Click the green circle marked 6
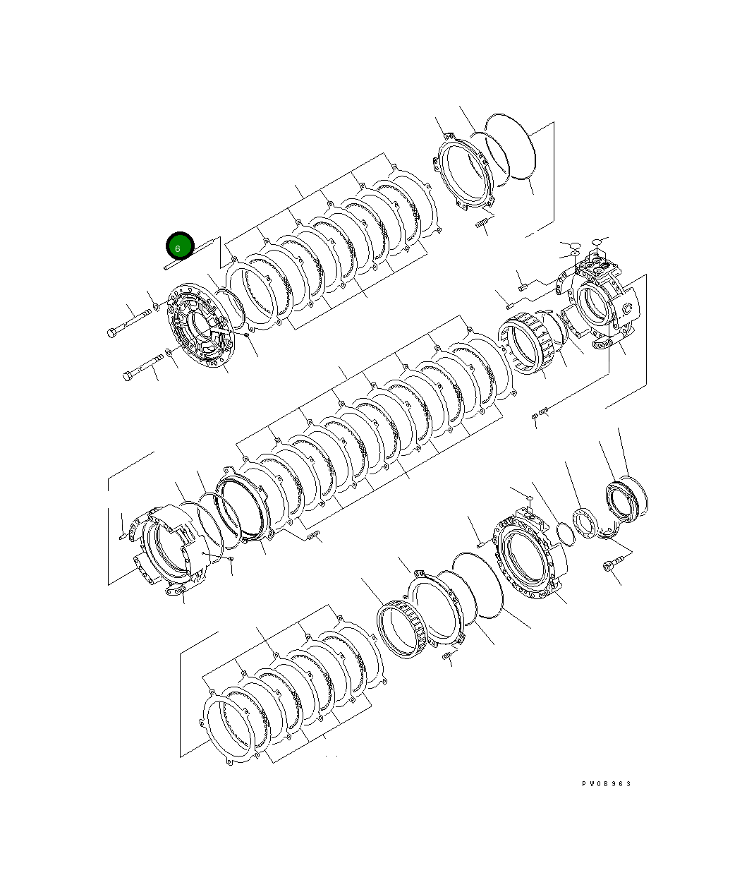click(x=179, y=246)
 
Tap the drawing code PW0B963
click(x=606, y=784)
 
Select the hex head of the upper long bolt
click(x=112, y=332)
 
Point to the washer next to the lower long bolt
click(x=169, y=352)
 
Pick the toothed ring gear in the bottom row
click(x=403, y=629)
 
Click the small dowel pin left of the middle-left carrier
click(x=123, y=535)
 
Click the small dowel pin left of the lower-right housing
click(x=479, y=543)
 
